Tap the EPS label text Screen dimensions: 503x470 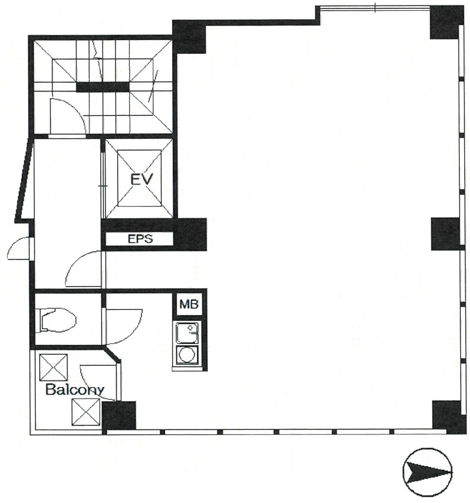140,239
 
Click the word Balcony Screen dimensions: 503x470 74,390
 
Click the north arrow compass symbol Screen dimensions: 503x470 428,469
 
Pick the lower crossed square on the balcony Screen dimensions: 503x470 86,412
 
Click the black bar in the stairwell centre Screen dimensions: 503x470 103,86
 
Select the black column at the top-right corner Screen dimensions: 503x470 447,23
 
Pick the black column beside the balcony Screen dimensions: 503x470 119,415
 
